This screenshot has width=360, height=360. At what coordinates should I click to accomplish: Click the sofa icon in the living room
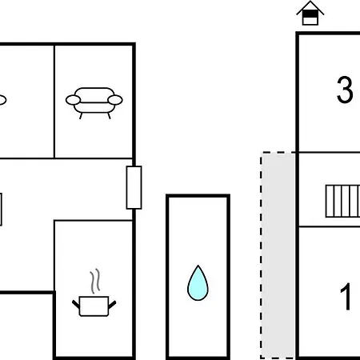point(94,102)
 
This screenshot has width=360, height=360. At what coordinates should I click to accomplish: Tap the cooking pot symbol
point(94,293)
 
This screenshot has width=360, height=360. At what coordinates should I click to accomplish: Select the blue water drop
point(198,283)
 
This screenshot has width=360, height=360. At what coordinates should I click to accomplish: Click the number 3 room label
point(345,90)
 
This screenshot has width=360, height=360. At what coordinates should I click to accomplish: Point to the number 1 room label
point(346,296)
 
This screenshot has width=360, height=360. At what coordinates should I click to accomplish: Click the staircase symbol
point(342,202)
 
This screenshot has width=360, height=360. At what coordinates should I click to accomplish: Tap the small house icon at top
point(310,13)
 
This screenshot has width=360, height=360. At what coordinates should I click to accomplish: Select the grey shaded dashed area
point(278,255)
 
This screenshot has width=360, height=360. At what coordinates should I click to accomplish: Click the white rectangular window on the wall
point(134,187)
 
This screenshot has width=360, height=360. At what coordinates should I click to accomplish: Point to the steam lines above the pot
point(95,281)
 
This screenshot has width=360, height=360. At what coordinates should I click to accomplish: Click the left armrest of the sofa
point(73,100)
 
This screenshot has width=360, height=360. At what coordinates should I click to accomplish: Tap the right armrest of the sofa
point(115,100)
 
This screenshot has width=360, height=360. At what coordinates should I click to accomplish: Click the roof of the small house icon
point(310,7)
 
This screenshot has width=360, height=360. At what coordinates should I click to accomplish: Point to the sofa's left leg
point(81,116)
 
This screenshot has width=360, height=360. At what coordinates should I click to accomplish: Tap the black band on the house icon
point(310,14)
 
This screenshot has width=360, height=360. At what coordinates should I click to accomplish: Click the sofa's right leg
point(109,116)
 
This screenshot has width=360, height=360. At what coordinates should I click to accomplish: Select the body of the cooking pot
point(94,306)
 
